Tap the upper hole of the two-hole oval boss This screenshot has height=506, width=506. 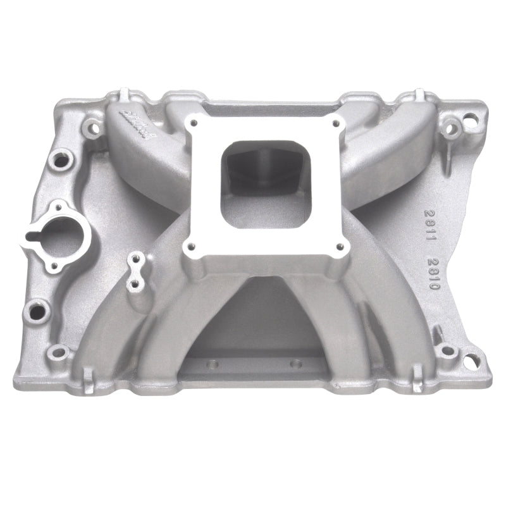click(x=134, y=258)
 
